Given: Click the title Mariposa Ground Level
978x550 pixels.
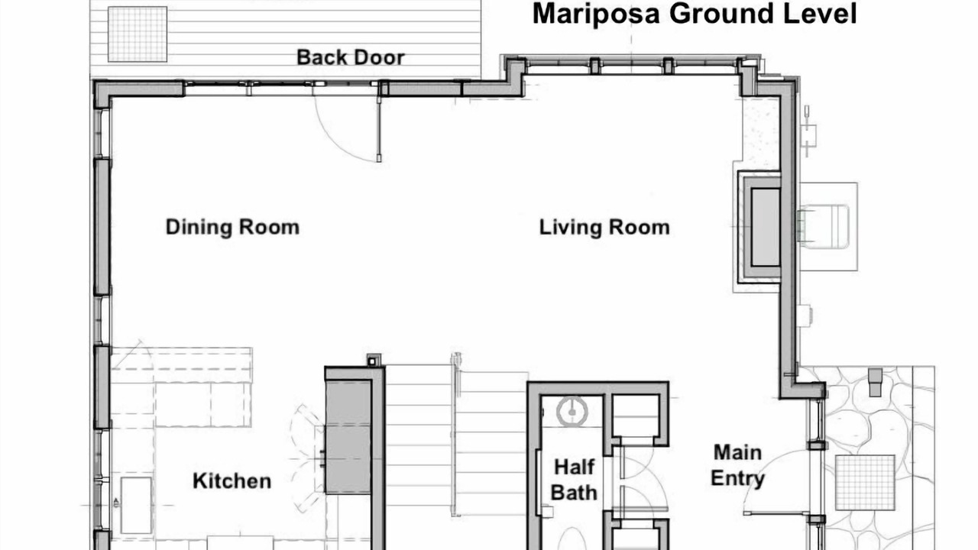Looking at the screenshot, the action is [695, 14].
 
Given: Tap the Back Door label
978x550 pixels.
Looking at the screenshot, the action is [351, 57].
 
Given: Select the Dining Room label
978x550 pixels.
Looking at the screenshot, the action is [233, 228].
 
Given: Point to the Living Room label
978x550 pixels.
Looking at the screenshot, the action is [604, 228].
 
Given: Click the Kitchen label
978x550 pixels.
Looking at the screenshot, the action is [232, 481].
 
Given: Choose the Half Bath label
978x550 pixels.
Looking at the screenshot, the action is [574, 480].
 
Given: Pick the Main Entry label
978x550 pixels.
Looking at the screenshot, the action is [737, 465].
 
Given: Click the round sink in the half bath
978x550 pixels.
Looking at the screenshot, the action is [572, 412].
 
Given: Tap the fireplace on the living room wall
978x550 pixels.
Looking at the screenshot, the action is [759, 227].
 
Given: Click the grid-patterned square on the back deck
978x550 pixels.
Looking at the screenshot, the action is [138, 34].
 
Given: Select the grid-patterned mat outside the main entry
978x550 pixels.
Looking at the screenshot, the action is [865, 483].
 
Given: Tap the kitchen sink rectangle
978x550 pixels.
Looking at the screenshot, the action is [136, 506].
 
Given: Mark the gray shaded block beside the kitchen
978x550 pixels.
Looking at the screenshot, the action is [348, 437].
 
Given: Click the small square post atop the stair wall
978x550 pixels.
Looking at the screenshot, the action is [374, 360].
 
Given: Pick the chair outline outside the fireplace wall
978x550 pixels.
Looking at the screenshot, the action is [824, 227].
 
